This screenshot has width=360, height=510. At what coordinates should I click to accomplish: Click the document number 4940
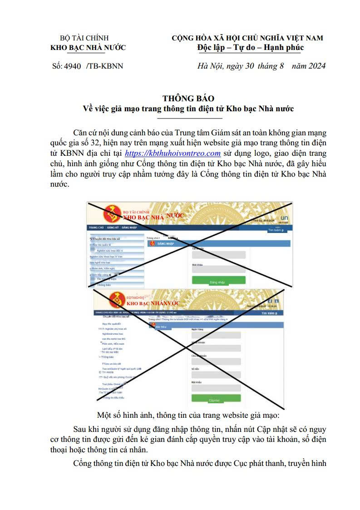point(73,66)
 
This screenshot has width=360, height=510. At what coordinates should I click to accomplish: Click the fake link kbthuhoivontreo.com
point(173,153)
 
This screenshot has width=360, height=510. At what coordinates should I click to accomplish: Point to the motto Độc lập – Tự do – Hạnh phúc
point(251,47)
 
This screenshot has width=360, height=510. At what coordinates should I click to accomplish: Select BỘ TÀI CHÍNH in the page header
point(84,38)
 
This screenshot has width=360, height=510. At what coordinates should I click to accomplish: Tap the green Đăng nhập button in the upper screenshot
point(218,282)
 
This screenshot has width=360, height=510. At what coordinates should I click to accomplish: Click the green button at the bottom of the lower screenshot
point(216,400)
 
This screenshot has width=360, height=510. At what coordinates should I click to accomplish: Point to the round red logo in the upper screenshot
point(112,214)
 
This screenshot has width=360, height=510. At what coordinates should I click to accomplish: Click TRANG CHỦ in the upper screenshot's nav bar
point(96,227)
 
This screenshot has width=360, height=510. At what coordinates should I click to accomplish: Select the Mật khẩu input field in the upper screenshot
point(218,269)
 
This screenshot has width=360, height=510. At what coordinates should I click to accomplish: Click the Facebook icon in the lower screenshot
point(270,300)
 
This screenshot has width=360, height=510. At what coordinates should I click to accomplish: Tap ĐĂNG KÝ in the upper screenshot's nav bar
point(113,227)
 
